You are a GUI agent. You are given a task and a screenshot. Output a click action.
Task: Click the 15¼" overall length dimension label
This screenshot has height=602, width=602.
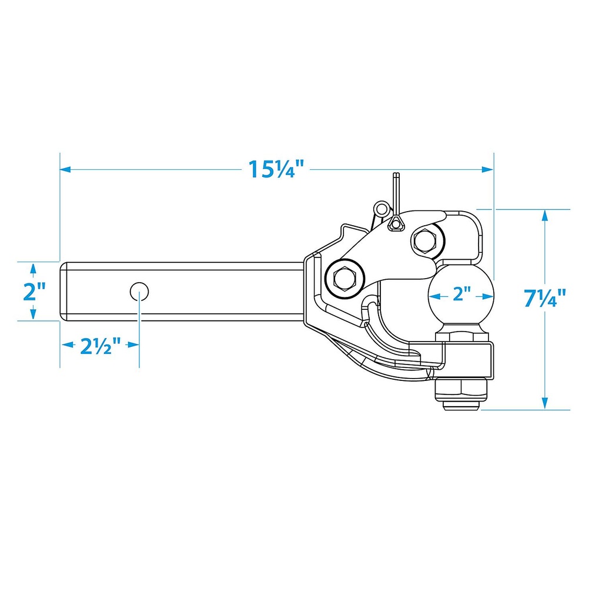276,169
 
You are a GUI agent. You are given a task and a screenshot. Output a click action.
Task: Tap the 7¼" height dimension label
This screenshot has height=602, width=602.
545,297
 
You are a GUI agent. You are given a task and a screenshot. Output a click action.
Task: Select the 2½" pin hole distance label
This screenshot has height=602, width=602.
100,346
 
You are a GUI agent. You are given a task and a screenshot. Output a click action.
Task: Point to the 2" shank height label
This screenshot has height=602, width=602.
35,292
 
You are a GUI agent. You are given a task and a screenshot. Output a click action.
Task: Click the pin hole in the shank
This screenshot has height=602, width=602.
139,292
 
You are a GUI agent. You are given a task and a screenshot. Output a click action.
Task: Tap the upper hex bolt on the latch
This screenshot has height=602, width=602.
427,240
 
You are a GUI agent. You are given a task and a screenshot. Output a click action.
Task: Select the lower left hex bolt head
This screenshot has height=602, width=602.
345,277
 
